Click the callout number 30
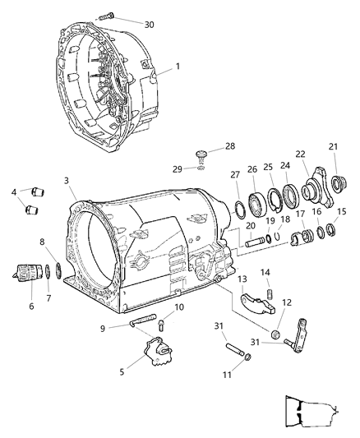click(x=148, y=25)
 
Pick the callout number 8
click(x=43, y=242)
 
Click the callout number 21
click(x=335, y=147)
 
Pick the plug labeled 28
click(x=199, y=154)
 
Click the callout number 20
click(x=250, y=226)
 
